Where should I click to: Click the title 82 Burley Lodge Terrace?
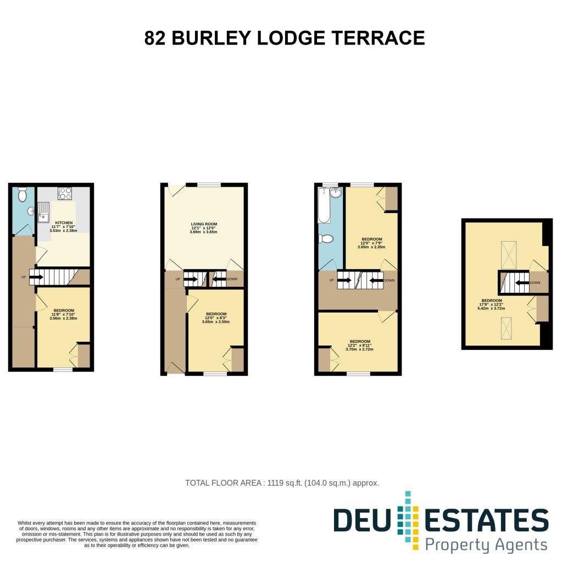click(284, 38)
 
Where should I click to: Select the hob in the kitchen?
click(65, 193)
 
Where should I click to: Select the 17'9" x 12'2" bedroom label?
click(492, 301)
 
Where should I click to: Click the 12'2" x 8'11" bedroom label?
click(359, 341)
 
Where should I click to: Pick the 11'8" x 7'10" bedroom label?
click(63, 310)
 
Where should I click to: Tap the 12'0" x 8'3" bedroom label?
click(215, 314)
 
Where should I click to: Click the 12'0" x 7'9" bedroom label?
click(371, 240)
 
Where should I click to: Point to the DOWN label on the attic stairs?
click(535, 283)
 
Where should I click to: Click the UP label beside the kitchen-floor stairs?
click(23, 277)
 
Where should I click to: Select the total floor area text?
click(282, 483)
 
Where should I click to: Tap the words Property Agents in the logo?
click(487, 545)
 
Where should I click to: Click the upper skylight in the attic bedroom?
click(509, 255)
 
